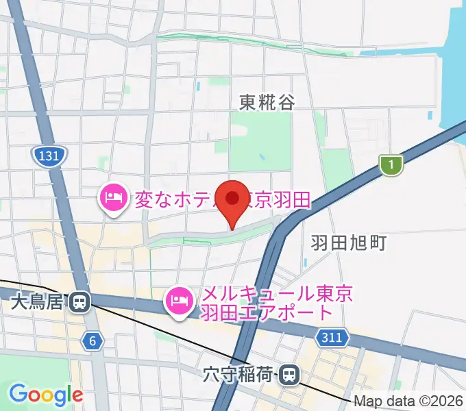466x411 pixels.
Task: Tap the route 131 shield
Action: click(x=49, y=157)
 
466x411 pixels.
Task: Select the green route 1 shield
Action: click(x=391, y=164)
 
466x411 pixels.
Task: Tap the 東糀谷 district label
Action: click(x=267, y=103)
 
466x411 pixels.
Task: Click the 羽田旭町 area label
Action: click(x=349, y=242)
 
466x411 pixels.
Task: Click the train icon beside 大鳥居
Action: click(x=82, y=301)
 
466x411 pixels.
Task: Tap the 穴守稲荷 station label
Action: click(x=239, y=375)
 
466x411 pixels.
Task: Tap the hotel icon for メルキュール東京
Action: click(x=180, y=301)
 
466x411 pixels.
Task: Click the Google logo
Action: click(x=46, y=395)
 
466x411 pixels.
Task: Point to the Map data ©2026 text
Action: click(x=407, y=401)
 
